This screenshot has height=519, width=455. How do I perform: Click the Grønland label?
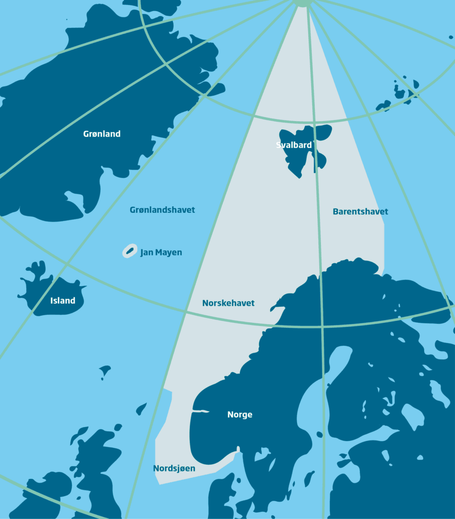point(102,134)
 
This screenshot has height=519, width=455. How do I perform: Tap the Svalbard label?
point(294,145)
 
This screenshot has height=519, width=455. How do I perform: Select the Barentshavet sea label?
point(360,212)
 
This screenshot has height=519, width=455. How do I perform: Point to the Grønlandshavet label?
point(162,210)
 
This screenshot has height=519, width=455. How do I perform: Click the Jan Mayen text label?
point(161,252)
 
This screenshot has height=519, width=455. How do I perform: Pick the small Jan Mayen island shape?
point(130,251)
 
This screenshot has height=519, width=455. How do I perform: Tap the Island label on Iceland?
point(63,301)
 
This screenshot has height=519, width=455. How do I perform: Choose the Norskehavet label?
point(228,304)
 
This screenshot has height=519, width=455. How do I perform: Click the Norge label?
point(239,415)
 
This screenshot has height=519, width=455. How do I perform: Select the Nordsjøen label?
point(174,469)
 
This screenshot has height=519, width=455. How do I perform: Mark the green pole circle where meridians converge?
point(302,2)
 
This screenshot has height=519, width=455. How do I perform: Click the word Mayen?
point(169,252)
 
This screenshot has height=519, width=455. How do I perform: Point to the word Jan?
point(147,252)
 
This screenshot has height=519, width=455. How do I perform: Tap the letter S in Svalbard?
point(278,145)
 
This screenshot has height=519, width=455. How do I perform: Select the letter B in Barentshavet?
point(336,212)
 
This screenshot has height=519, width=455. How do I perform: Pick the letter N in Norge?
point(230,415)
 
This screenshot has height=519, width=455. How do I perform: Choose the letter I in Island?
point(52,301)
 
